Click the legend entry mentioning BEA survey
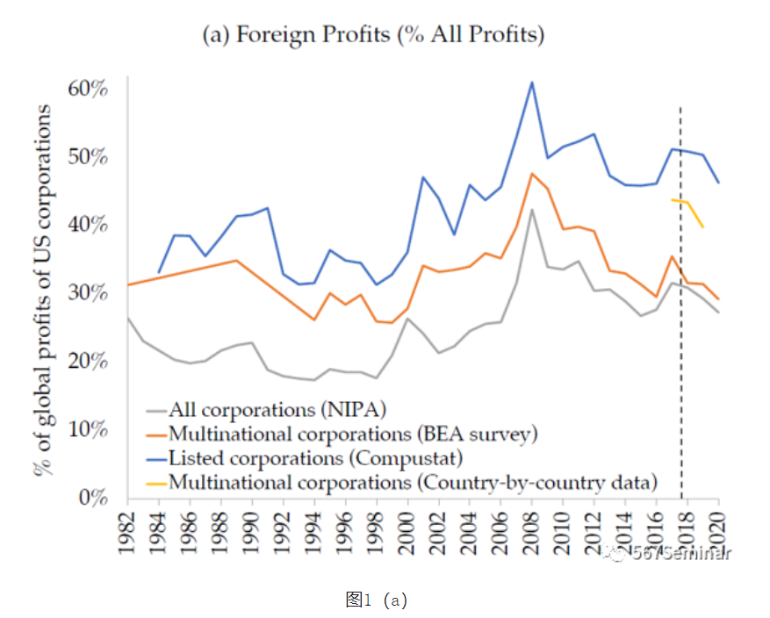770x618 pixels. tap(351, 434)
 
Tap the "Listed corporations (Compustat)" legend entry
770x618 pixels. tap(314, 457)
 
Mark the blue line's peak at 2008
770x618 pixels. tap(532, 83)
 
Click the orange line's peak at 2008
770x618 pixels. tap(532, 174)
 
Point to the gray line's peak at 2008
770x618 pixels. tap(532, 210)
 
